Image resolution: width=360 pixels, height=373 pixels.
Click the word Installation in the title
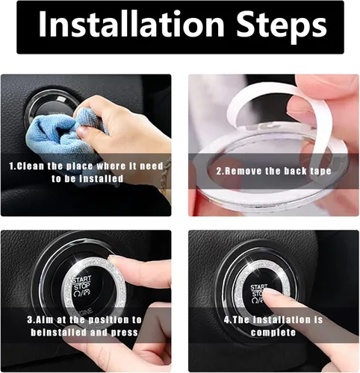click(131, 25)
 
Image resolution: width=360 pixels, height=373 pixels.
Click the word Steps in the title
click(282, 28)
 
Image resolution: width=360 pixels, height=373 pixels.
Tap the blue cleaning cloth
click(62, 140)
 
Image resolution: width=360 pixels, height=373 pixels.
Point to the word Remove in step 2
click(242, 171)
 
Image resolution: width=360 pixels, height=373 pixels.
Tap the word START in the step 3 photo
click(82, 279)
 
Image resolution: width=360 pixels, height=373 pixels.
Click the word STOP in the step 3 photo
click(82, 286)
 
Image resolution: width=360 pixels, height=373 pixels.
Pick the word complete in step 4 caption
click(273, 333)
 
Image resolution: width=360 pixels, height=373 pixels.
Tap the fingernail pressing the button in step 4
click(269, 293)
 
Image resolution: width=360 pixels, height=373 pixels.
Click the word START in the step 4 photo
click(259, 287)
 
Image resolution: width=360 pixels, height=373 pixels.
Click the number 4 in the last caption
click(226, 320)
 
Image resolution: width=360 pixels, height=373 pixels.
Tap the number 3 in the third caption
click(30, 320)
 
